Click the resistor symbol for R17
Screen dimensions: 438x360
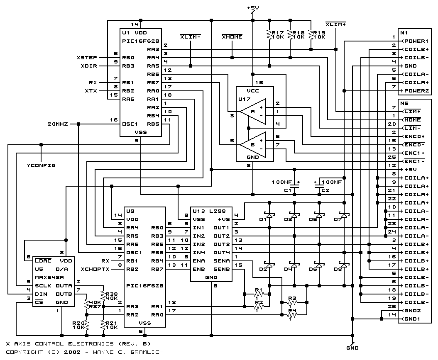[x=269, y=34]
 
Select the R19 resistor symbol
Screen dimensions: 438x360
[x=311, y=34]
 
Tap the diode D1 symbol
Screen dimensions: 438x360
[x=269, y=215]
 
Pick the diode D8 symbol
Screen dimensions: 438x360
[x=344, y=265]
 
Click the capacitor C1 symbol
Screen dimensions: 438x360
[x=294, y=186]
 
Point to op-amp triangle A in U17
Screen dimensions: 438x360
[x=253, y=112]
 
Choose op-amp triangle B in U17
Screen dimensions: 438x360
[x=253, y=145]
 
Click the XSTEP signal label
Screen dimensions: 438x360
[x=87, y=58]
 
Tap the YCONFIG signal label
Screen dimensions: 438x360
[x=41, y=165]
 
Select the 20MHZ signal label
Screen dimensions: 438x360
[x=58, y=124]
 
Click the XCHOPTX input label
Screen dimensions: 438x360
[x=95, y=269]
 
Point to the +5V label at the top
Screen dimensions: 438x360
[x=253, y=8]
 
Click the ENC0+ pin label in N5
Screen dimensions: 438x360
[x=414, y=136]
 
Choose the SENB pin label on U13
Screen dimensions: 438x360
[x=222, y=269]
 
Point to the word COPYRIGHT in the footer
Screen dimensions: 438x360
[x=24, y=352]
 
